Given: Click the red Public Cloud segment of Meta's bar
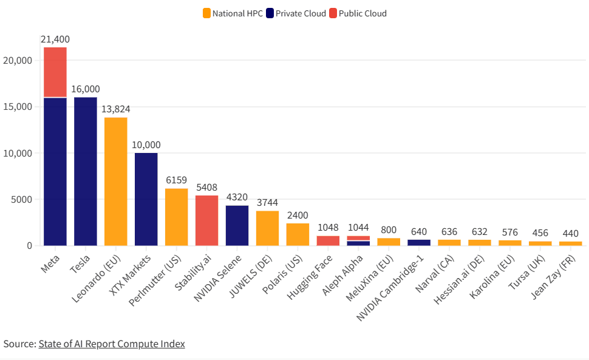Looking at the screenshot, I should coord(55,72).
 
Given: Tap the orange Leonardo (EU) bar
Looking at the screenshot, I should coord(116,182).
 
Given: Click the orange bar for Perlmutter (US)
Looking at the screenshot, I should coord(177,217).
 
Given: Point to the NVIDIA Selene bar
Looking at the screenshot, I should coord(237,225).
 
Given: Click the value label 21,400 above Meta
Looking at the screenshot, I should coord(55,39).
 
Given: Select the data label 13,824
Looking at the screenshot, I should coord(115,109).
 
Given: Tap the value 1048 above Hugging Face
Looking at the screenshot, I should coord(328,228).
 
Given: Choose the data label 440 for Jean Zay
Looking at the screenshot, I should coord(571,234).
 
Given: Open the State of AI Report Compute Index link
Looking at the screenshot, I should coord(112,344).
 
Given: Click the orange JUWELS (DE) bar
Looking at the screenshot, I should coord(268,228).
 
